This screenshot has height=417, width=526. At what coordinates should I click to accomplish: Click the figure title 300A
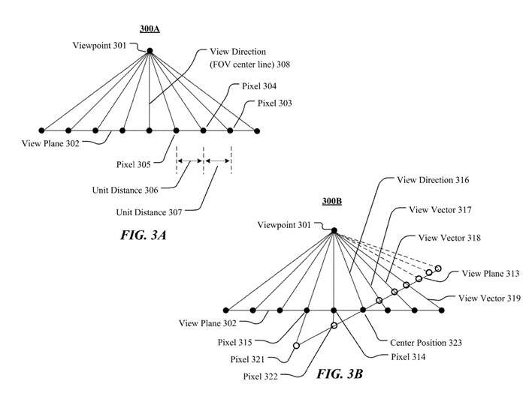(150, 29)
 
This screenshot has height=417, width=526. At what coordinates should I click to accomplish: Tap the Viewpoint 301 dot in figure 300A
(150, 51)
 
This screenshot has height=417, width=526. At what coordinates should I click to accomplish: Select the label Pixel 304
(259, 86)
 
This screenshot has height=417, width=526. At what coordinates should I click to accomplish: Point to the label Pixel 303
(276, 103)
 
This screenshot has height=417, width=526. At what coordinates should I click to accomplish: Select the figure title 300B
(334, 202)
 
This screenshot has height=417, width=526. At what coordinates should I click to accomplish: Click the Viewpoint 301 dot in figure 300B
(334, 230)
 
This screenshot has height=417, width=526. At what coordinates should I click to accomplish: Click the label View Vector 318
(451, 238)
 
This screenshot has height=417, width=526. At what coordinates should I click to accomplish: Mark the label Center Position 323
(425, 342)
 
